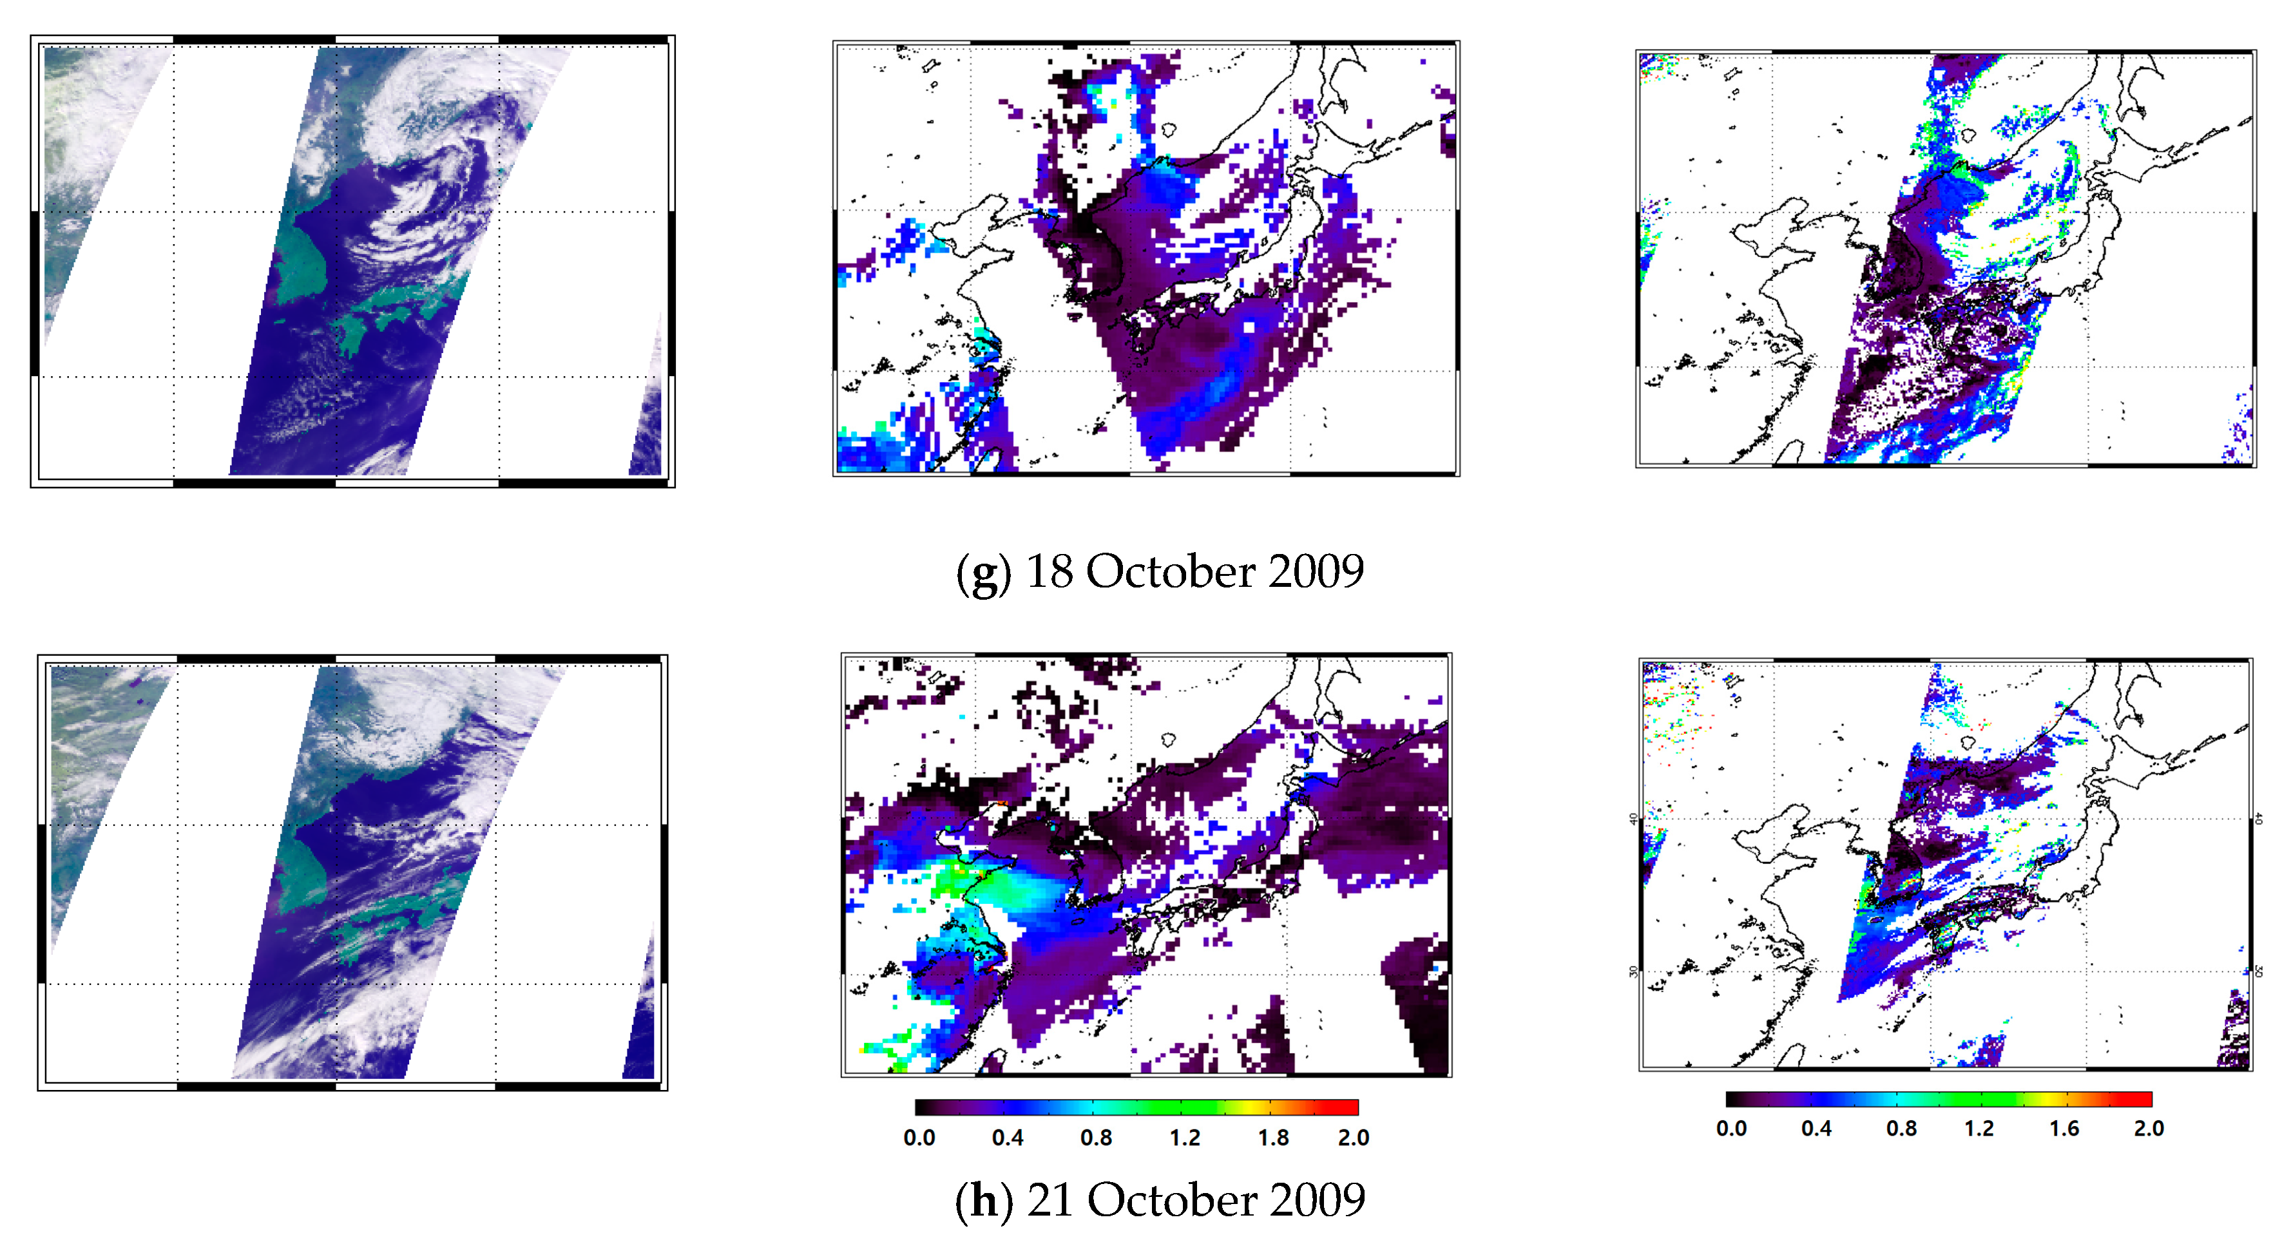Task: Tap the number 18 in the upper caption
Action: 1049,571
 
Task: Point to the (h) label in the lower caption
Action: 983,1201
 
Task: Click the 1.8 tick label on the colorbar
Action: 1273,1138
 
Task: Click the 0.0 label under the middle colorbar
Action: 919,1138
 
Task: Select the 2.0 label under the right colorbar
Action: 2148,1129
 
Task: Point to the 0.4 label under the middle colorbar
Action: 1007,1138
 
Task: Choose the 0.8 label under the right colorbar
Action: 1901,1129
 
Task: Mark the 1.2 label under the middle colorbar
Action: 1184,1138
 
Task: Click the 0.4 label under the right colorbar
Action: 1816,1129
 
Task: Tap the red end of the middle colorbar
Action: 1350,1107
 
